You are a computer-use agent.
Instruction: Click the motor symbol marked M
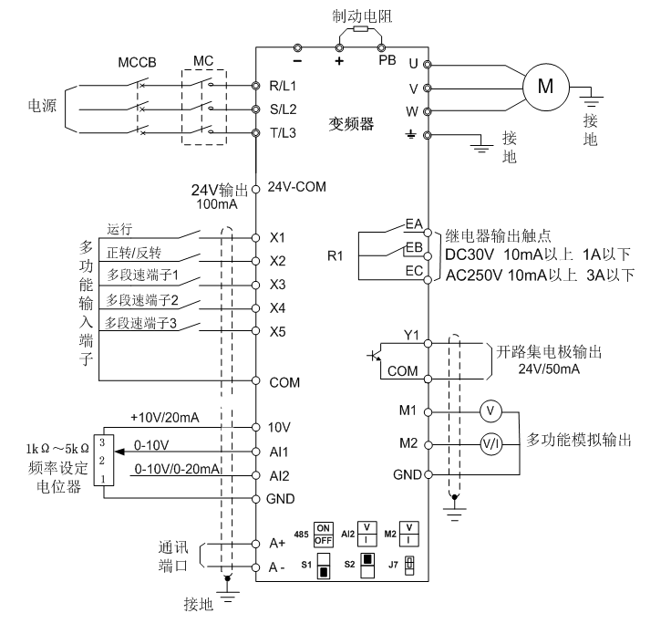pos(546,87)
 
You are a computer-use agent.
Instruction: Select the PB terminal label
pos(387,61)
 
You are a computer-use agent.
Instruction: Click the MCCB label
pos(138,64)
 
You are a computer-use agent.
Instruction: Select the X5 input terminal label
pos(278,330)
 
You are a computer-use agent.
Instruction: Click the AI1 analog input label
pos(278,452)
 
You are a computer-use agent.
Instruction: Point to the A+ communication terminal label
pos(277,543)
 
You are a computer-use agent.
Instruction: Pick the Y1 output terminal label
pos(410,335)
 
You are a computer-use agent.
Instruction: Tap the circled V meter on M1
pos(490,411)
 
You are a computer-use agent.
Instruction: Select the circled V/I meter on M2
pos(490,443)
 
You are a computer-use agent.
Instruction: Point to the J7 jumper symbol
pos(409,563)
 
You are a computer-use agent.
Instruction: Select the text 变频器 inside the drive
pos(351,124)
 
